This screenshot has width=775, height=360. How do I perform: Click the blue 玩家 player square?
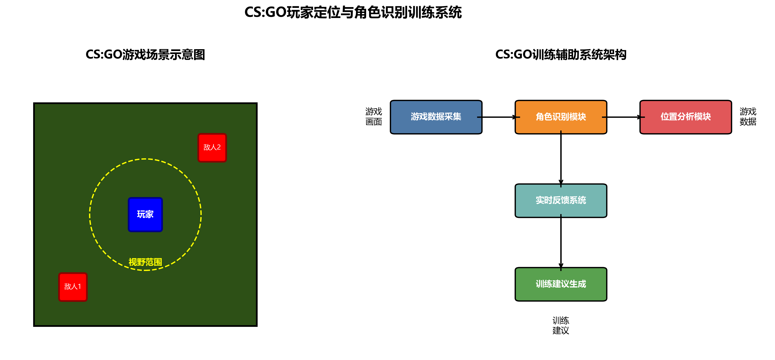click(145, 215)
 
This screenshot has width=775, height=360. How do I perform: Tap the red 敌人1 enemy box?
click(73, 287)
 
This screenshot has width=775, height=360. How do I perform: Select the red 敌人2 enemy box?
click(212, 147)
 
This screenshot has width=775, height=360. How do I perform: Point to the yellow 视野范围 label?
click(145, 262)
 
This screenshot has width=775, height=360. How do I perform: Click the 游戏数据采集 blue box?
click(436, 117)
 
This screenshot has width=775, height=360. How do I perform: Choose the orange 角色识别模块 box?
click(561, 117)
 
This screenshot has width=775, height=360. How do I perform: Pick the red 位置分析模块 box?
click(685, 117)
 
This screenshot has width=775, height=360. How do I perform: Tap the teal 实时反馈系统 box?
click(561, 201)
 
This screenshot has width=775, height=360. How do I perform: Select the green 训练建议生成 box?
click(561, 284)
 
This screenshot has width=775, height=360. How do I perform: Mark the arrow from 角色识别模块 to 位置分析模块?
click(623, 117)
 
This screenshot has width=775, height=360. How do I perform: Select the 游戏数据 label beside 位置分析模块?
click(748, 117)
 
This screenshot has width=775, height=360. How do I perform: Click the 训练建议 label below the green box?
click(561, 325)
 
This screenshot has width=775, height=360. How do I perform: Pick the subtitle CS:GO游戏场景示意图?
click(145, 55)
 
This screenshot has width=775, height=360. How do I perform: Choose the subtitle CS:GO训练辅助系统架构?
click(561, 55)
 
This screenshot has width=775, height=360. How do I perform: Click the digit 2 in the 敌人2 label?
click(219, 147)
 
